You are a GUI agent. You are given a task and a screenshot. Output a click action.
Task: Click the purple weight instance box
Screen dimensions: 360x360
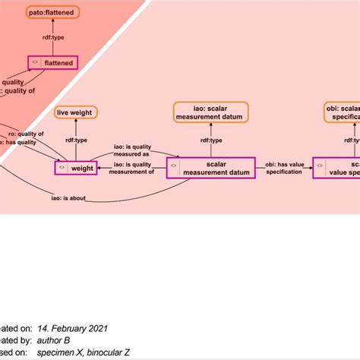[x=76, y=166]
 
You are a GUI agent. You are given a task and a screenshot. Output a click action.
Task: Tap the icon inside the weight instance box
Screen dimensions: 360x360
[x=61, y=166]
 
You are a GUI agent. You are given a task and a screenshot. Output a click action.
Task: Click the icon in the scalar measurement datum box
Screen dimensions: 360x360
[x=174, y=167]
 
